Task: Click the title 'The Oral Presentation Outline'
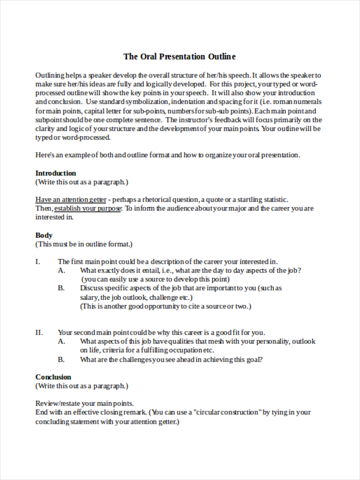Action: coord(180,56)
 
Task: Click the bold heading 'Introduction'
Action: coord(56,173)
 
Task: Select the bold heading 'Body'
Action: coord(44,235)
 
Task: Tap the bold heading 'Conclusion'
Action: coord(53,377)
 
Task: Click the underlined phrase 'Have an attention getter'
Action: coord(71,200)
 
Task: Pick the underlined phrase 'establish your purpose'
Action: coord(88,208)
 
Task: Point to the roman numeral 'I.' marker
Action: coord(38,262)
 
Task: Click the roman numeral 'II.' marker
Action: coord(39,332)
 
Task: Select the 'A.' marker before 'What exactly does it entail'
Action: coord(61,270)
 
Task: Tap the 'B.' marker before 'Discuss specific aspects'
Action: coord(61,288)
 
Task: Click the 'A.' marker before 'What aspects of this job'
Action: coord(61,341)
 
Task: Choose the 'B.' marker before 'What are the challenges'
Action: coord(61,359)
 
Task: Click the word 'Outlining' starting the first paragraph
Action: coord(50,75)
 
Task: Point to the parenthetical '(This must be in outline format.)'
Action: coord(84,244)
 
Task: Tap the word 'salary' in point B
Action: coord(89,297)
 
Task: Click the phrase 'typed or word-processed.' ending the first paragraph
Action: coord(73,138)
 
